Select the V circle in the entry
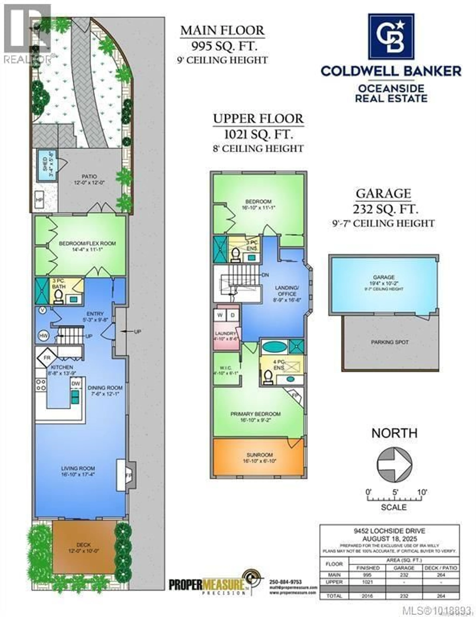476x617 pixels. (x=42, y=310)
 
